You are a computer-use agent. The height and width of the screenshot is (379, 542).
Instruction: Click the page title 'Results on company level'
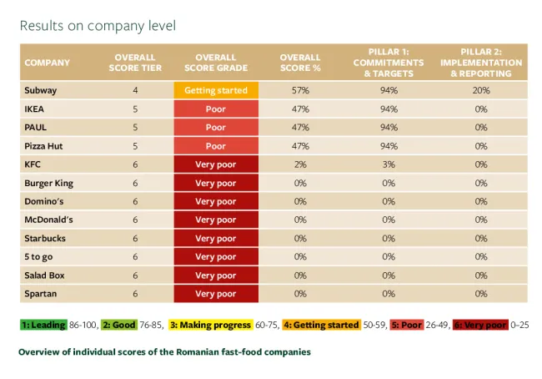click(x=98, y=26)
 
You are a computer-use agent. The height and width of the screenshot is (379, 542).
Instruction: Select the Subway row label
click(x=42, y=91)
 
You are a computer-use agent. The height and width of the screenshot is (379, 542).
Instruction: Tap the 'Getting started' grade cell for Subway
click(x=216, y=91)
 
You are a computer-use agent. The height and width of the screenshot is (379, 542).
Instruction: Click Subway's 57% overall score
click(x=301, y=91)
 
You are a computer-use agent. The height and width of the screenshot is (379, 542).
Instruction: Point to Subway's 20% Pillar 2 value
click(x=480, y=91)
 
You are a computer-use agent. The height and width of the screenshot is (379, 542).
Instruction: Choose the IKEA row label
click(x=35, y=109)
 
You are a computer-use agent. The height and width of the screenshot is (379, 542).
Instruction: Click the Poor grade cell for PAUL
click(x=216, y=128)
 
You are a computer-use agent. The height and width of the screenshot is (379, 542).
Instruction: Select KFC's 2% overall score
click(x=301, y=164)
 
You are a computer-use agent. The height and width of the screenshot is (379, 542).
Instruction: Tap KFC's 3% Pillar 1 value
click(x=388, y=164)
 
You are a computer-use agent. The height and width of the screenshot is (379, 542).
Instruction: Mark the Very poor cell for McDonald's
click(x=216, y=220)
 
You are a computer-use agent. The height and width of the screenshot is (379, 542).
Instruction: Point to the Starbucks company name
click(x=45, y=238)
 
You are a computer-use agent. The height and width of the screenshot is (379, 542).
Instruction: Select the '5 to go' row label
click(x=39, y=256)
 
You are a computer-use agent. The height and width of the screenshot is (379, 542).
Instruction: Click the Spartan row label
click(x=42, y=293)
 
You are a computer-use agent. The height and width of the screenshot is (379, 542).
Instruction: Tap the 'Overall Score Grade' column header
click(x=216, y=63)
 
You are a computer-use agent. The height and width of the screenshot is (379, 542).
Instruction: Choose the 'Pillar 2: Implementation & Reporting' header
click(x=480, y=63)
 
